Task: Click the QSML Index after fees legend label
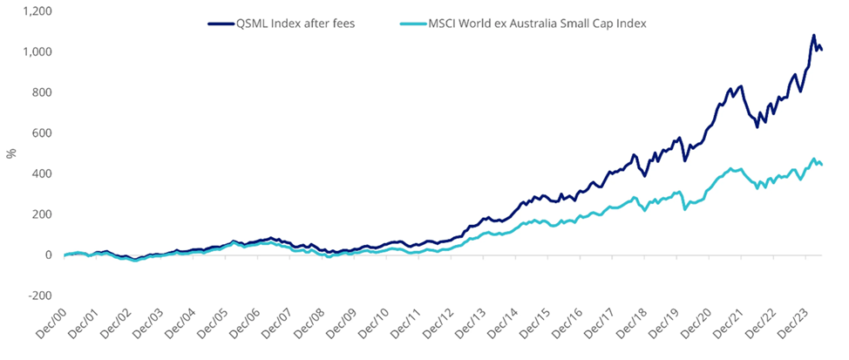295,24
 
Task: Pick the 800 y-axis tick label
43,92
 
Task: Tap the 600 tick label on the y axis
43,133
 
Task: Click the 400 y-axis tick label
43,173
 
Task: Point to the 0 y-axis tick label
49,255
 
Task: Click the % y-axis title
11,153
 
